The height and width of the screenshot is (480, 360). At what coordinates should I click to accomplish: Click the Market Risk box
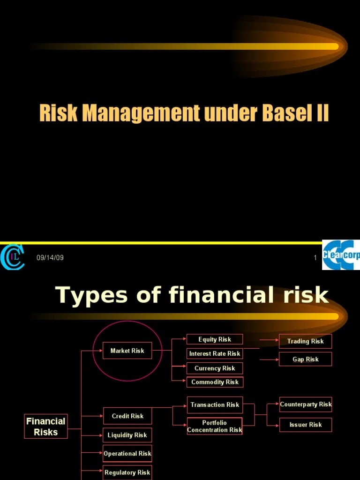pos(127,351)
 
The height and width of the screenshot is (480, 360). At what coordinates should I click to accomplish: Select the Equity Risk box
pos(215,339)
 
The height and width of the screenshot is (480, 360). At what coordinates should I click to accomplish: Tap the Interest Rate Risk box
pos(215,353)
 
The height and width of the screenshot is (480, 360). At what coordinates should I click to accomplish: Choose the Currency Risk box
pos(215,368)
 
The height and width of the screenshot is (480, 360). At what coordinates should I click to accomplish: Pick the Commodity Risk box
pos(215,382)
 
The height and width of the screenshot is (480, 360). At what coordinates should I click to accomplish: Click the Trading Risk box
pos(305,341)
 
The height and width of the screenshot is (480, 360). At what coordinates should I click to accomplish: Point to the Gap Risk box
pos(305,359)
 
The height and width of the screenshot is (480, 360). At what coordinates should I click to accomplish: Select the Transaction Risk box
pos(215,405)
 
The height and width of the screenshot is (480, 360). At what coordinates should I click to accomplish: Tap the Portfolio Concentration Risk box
pos(215,426)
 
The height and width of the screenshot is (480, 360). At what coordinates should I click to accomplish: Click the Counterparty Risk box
pos(305,404)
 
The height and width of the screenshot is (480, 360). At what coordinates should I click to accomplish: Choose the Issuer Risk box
pos(305,425)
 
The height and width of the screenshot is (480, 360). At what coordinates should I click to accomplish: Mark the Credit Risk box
pos(127,416)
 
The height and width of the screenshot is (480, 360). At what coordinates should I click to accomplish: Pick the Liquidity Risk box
pos(127,435)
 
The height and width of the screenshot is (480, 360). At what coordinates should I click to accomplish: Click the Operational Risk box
pos(127,453)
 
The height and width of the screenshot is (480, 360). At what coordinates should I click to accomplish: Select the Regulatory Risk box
pos(127,472)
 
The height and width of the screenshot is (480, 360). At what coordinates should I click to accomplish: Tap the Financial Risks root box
pos(45,426)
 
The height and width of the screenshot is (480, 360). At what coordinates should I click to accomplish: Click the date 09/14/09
pos(50,258)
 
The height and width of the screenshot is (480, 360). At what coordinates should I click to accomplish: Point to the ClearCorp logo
pos(341,255)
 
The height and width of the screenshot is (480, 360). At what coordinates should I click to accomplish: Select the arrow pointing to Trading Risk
pos(269,340)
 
